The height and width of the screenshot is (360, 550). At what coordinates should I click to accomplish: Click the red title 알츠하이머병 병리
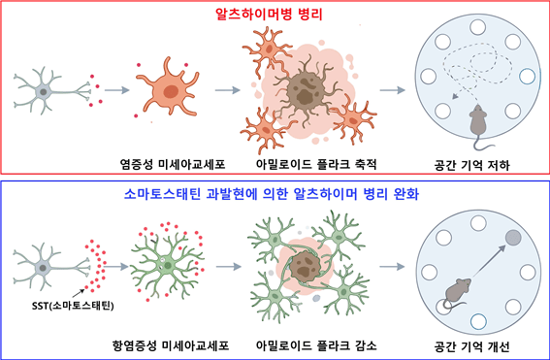pos(275,16)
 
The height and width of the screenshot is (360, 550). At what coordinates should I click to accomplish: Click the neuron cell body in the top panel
pos(42,90)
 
